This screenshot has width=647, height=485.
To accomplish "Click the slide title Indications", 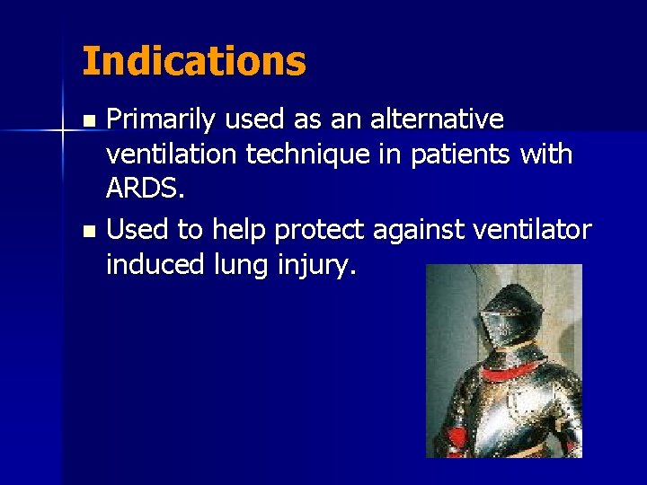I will [193, 62].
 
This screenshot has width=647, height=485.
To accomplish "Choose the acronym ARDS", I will [141, 191].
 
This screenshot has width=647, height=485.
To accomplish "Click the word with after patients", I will [546, 154].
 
